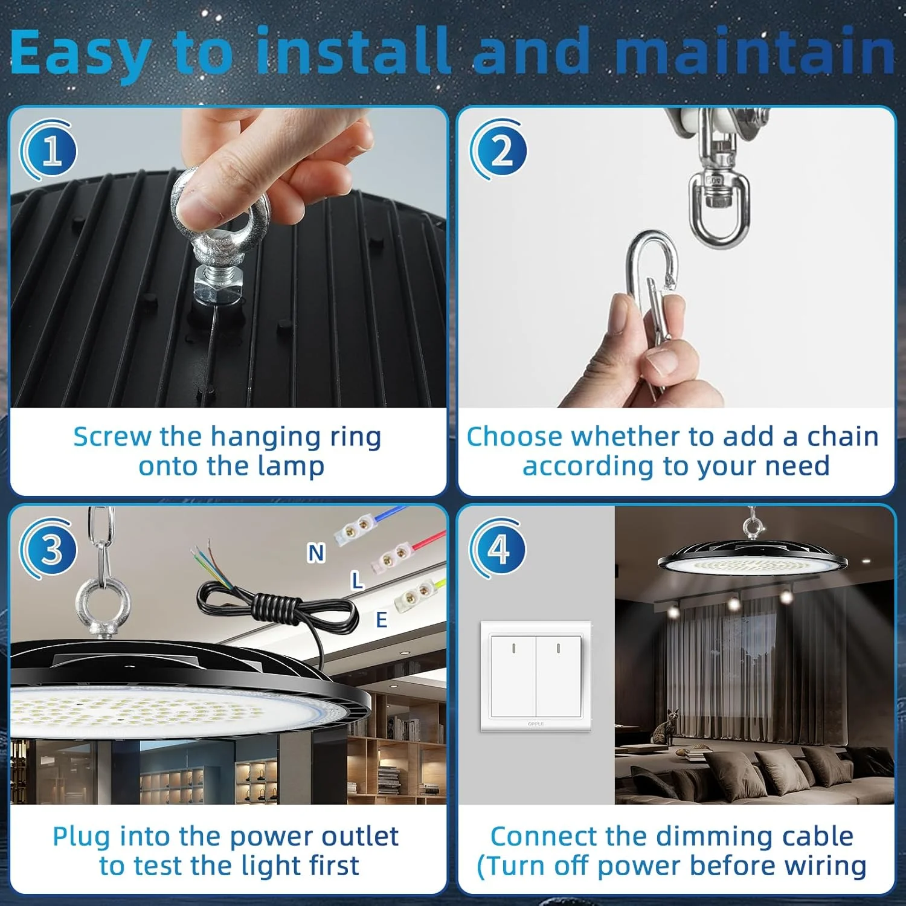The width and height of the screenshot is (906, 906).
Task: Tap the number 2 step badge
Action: pos(499,150)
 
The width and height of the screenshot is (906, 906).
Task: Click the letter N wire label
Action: pos(316,553)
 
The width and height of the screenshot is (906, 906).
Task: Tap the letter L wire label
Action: pos(358,581)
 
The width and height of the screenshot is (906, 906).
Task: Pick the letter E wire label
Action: pos(381,620)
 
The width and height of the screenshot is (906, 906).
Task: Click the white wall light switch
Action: pos(536,676)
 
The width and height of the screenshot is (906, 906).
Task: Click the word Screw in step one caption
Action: pos(112,436)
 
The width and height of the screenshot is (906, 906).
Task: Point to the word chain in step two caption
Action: pos(843,436)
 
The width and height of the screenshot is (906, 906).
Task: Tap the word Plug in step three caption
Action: pos(82,838)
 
